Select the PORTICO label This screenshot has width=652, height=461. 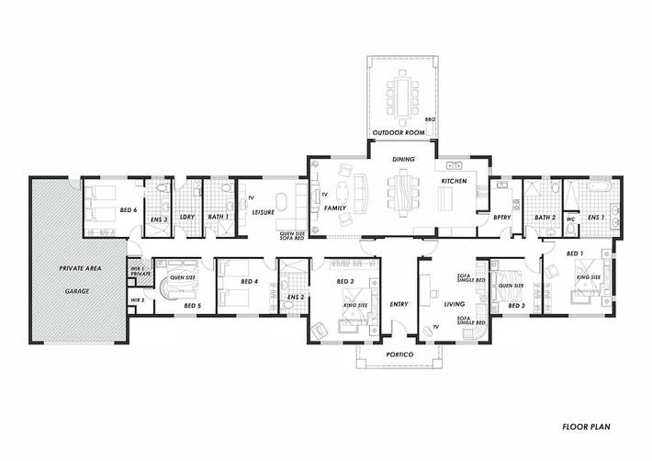pos(400,354)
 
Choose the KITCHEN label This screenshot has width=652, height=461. pos(455,182)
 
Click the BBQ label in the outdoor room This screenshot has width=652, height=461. pos(428,119)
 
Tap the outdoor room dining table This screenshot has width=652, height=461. pos(400,92)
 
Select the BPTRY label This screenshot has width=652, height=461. pos(501,219)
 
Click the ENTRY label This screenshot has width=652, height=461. pos(399,305)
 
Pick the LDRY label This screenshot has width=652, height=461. pos(187,218)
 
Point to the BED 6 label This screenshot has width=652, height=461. pos(128,210)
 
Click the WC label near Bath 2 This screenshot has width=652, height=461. pos(570,219)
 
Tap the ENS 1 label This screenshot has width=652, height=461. pos(595,218)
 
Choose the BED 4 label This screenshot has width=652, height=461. pos(248,281)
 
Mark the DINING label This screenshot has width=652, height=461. pos(404,160)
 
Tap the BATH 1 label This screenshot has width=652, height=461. pos(218,218)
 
